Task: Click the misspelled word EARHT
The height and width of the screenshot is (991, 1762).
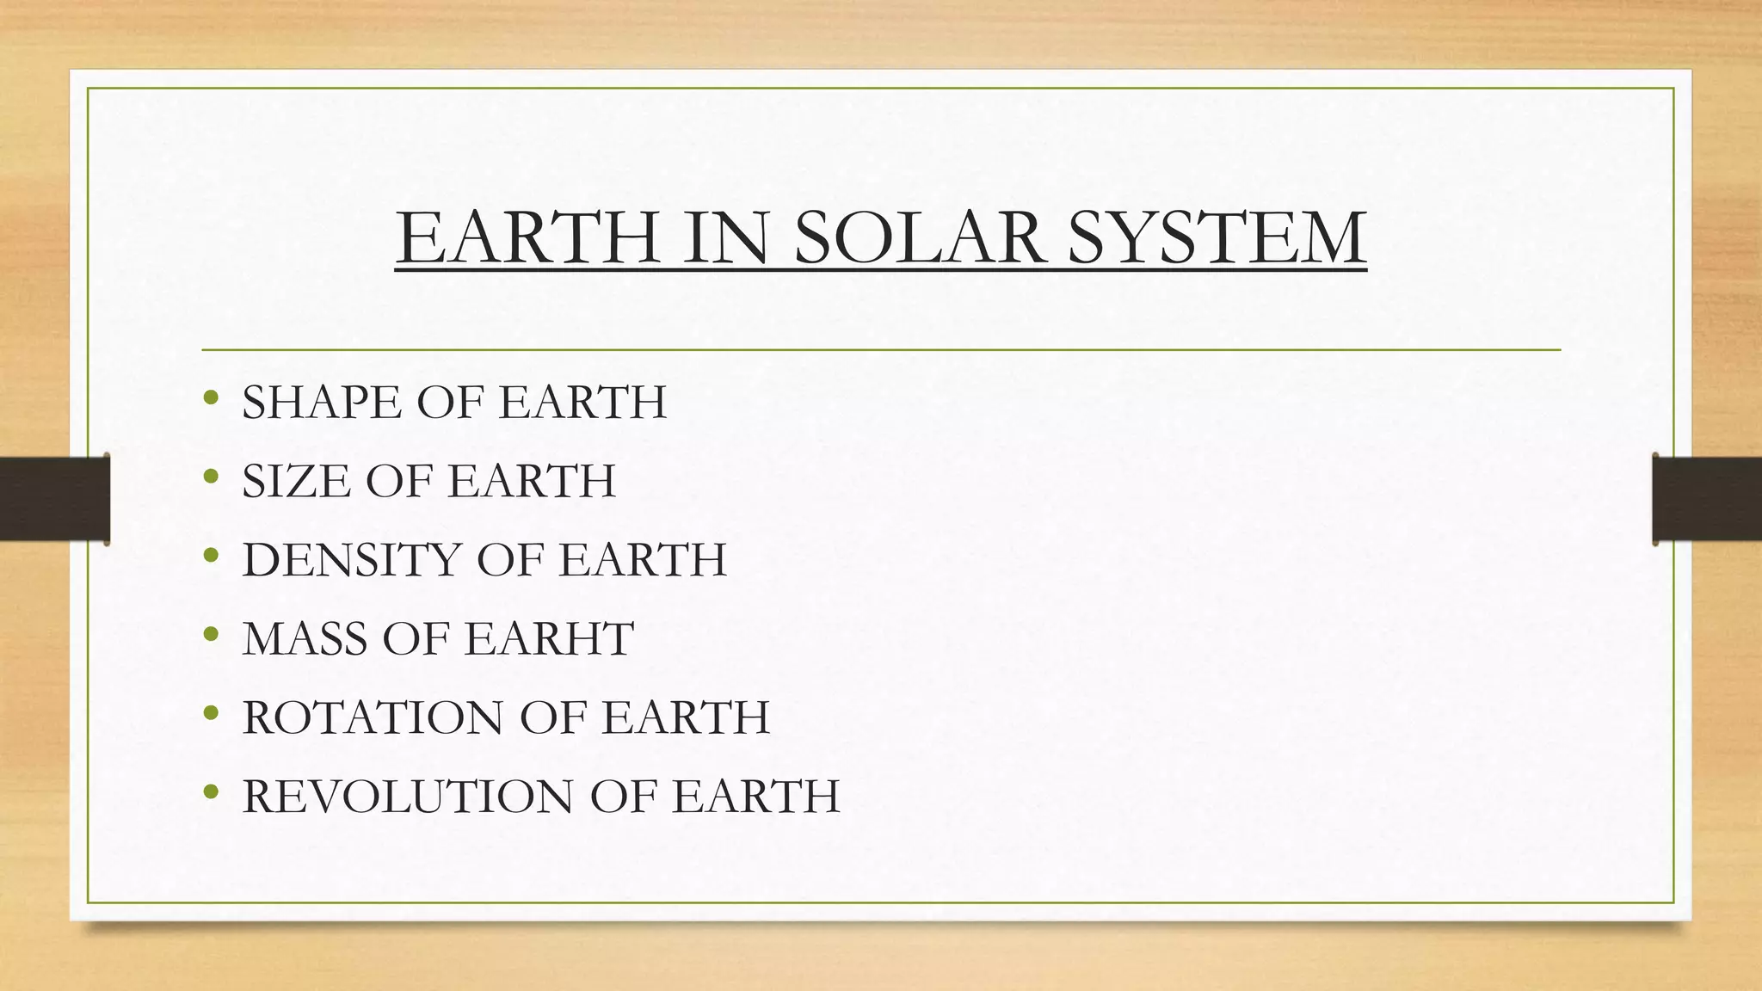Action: point(549,639)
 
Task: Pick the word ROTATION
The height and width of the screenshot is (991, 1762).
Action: point(373,717)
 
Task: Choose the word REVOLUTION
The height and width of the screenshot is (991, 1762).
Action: point(408,797)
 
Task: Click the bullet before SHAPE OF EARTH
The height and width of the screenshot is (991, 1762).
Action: point(212,398)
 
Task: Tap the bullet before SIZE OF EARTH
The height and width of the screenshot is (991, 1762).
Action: point(212,477)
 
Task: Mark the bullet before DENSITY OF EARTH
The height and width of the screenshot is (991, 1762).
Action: point(212,556)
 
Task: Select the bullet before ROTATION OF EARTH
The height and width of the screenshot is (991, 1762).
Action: point(212,714)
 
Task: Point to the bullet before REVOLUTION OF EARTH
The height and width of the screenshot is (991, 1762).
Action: point(212,792)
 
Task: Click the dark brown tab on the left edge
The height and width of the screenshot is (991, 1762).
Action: point(54,499)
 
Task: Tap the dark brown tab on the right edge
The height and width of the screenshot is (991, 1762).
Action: point(1707,499)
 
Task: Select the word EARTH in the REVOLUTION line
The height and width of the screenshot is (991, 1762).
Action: point(755,797)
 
